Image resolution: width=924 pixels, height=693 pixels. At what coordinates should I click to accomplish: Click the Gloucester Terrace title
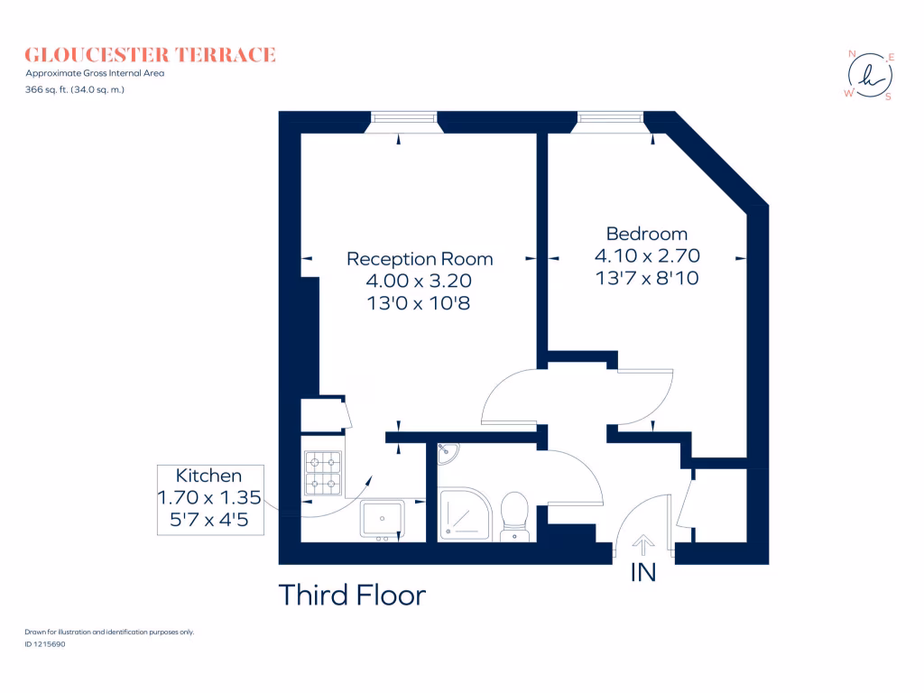pyautogui.click(x=150, y=55)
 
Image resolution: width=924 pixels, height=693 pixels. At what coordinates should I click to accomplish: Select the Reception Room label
pyautogui.click(x=420, y=259)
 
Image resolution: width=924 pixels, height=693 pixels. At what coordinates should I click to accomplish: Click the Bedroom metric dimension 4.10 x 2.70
pyautogui.click(x=647, y=255)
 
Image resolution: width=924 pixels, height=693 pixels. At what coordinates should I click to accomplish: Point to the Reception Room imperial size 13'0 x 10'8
pyautogui.click(x=420, y=304)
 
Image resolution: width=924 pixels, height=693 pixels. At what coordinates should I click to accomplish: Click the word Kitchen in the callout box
pyautogui.click(x=208, y=476)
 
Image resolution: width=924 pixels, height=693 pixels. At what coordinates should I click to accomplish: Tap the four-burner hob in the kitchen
pyautogui.click(x=323, y=475)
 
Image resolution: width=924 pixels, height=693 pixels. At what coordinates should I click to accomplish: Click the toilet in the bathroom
pyautogui.click(x=514, y=516)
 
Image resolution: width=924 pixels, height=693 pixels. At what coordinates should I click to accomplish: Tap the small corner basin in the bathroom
pyautogui.click(x=447, y=454)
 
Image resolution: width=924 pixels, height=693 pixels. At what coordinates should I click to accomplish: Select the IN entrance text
pyautogui.click(x=642, y=572)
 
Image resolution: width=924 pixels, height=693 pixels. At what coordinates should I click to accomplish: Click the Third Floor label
pyautogui.click(x=352, y=596)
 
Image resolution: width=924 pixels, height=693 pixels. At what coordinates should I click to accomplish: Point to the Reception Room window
pyautogui.click(x=404, y=116)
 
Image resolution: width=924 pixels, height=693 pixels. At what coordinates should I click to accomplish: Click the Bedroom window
pyautogui.click(x=611, y=116)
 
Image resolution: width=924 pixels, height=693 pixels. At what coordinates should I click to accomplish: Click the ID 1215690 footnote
pyautogui.click(x=45, y=644)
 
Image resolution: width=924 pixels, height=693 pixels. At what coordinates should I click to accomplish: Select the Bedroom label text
pyautogui.click(x=647, y=234)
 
